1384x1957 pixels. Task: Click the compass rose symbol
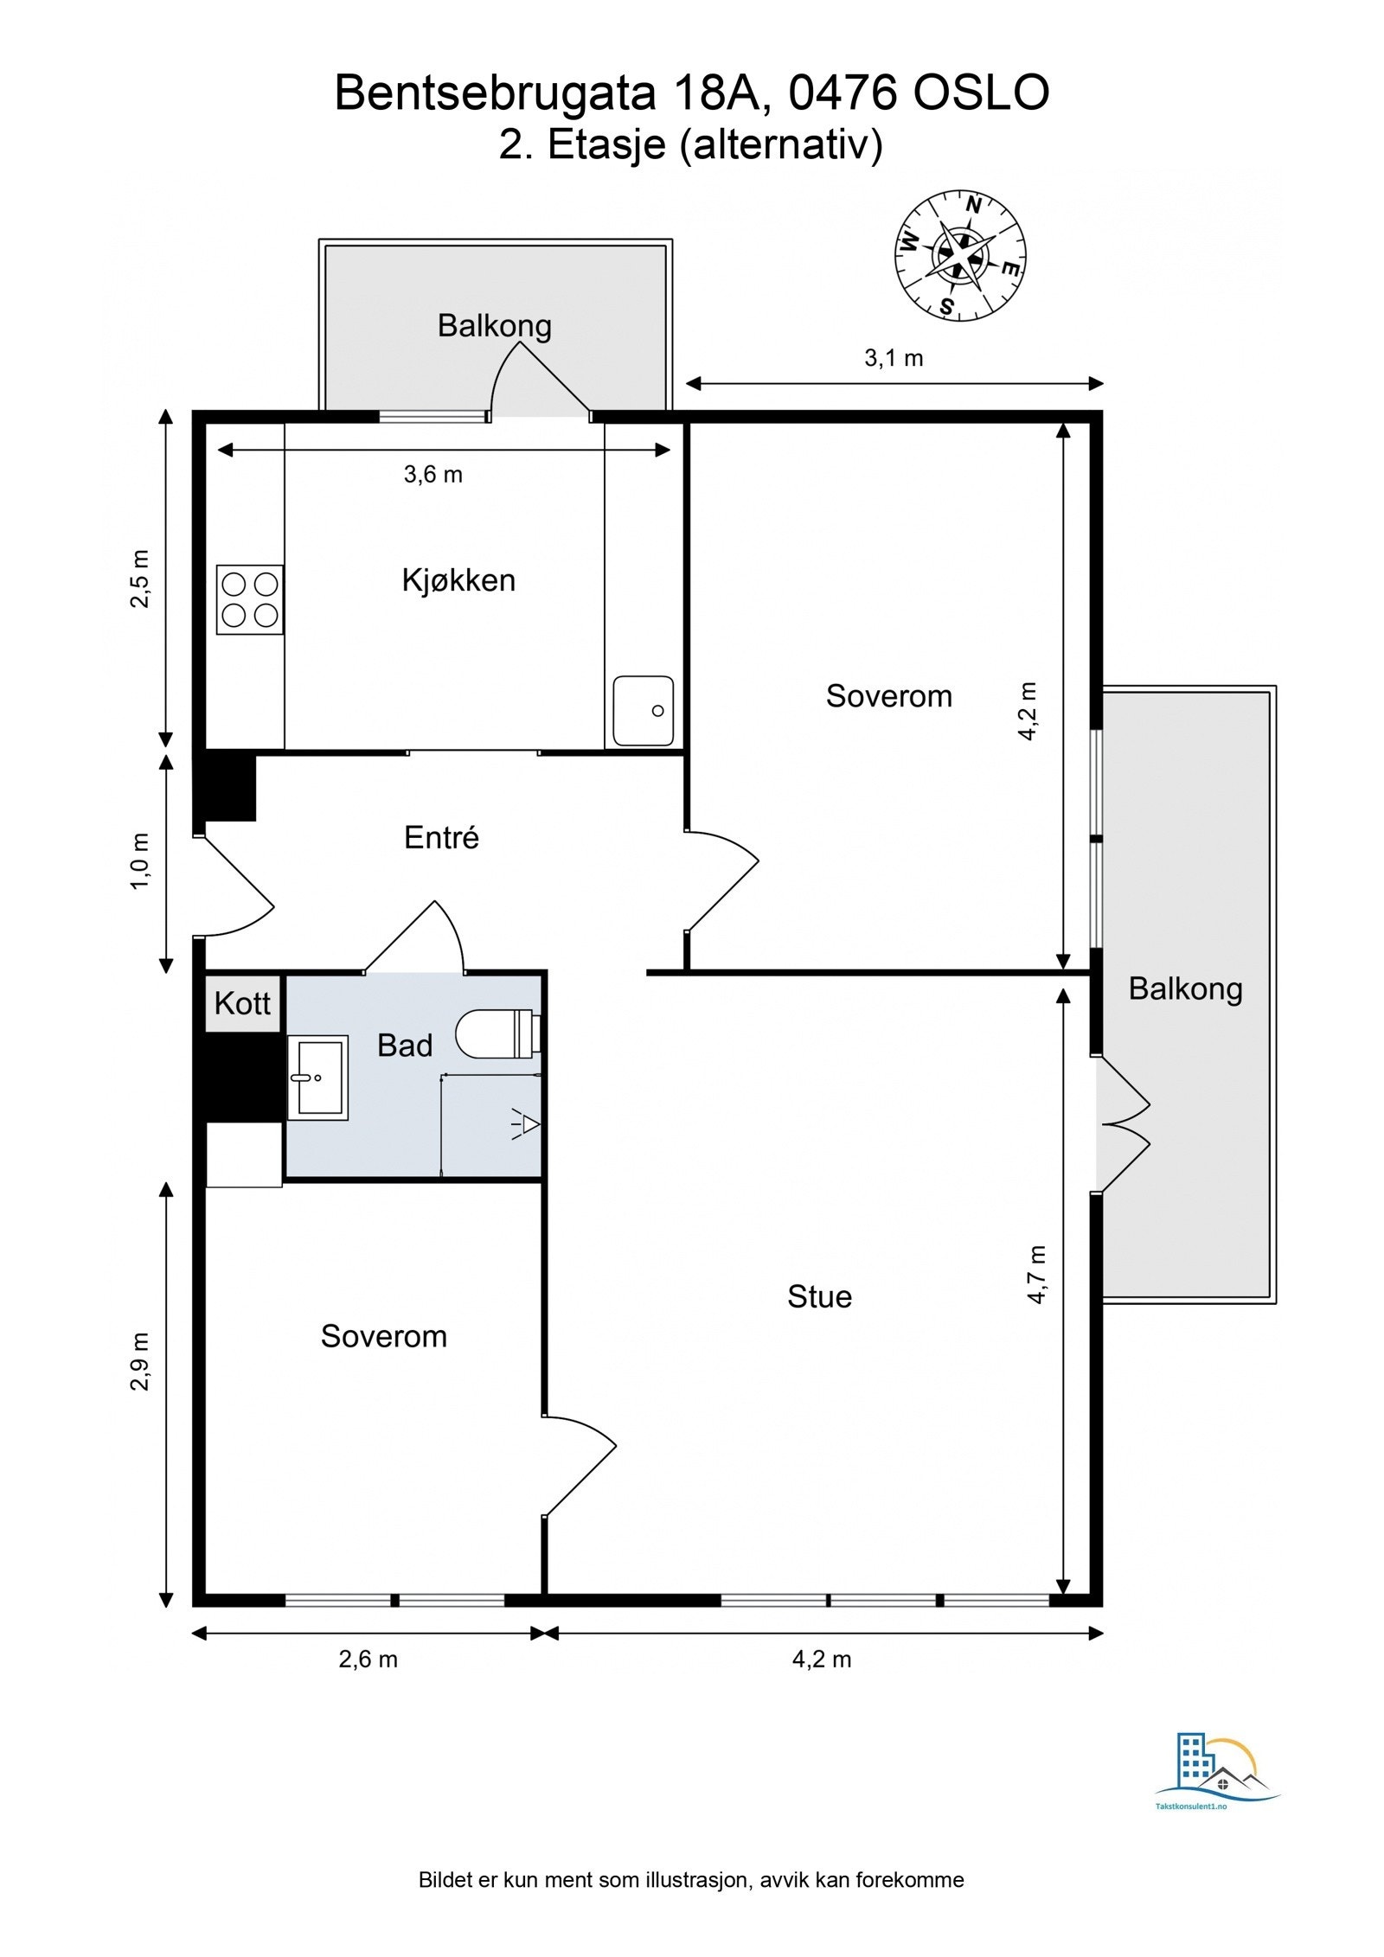(960, 255)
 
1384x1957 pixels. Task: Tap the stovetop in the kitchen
(250, 600)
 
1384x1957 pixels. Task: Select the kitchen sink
(643, 711)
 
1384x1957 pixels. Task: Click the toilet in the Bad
(498, 1033)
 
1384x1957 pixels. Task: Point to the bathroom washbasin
(317, 1078)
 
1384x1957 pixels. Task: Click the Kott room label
(243, 1004)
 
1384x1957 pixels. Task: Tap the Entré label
(441, 837)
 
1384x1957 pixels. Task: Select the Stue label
(819, 1296)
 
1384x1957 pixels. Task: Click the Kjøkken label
(458, 579)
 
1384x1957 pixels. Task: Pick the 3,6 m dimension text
(433, 475)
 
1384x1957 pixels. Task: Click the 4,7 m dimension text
(1037, 1275)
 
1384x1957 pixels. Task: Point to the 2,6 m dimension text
(368, 1660)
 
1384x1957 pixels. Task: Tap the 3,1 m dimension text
(894, 358)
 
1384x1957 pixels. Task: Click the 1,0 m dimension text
(140, 862)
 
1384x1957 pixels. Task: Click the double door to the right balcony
(1123, 1124)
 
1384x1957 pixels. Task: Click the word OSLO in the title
(982, 93)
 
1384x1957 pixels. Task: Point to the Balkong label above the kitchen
(495, 326)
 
